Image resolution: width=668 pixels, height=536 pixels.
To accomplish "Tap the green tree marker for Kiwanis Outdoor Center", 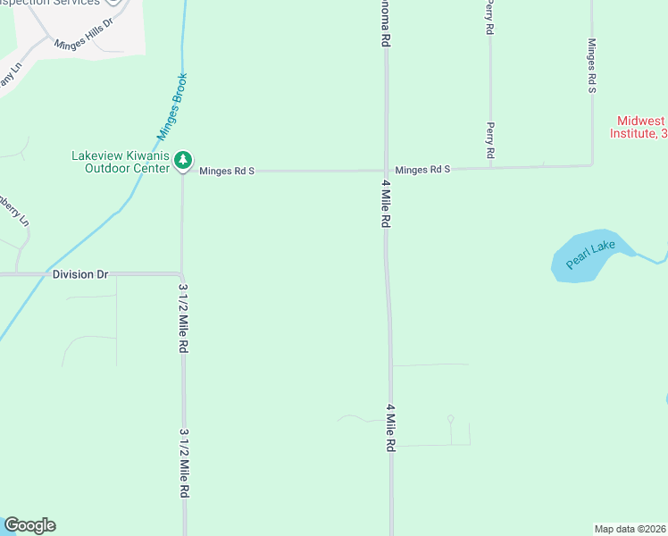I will point(183,160).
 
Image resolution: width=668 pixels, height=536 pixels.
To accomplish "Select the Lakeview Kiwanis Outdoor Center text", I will point(121,161).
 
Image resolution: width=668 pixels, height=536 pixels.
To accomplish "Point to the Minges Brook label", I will point(172,105).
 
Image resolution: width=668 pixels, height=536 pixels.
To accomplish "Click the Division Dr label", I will point(79,274).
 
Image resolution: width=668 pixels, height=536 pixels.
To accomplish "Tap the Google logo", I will point(29,525).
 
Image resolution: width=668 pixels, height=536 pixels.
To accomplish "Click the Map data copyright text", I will point(630,528).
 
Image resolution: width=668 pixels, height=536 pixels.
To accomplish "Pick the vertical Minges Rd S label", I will point(591,66).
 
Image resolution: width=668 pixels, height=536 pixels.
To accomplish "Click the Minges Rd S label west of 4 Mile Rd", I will point(227,171).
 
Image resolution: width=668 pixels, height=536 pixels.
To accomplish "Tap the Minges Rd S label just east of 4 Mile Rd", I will point(422,169).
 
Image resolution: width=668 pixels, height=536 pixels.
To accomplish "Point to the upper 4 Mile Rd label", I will point(386,205).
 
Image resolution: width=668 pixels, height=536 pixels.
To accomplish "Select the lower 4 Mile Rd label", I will point(390,427).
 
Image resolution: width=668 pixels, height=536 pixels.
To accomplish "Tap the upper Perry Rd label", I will point(489,17).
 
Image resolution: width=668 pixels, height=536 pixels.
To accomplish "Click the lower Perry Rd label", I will point(490,141).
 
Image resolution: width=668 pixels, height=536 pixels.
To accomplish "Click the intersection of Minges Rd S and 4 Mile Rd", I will point(386,170).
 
